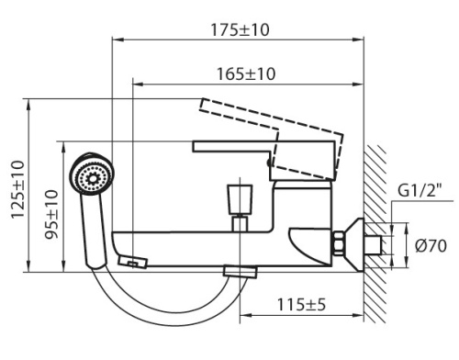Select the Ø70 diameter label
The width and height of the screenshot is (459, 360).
pyautogui.click(x=430, y=245)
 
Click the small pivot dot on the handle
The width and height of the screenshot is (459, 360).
pyautogui.click(x=268, y=164)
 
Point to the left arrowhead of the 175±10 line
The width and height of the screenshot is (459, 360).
pyautogui.click(x=117, y=39)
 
